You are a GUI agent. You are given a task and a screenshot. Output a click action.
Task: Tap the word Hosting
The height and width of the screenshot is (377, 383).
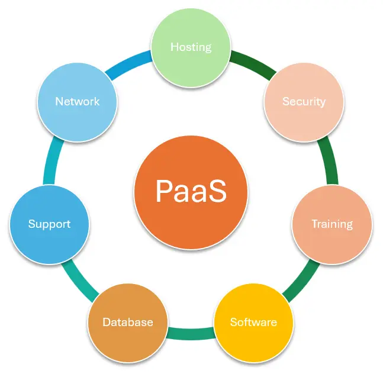point(191,47)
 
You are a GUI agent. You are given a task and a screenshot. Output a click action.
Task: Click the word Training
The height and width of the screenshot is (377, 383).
point(332,224)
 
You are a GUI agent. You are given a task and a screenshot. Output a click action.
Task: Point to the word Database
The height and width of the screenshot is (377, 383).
point(128,323)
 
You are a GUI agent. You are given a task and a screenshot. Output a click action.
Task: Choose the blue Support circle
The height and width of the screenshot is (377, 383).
point(50,224)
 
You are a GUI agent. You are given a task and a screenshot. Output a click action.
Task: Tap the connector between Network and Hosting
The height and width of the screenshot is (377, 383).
point(130,63)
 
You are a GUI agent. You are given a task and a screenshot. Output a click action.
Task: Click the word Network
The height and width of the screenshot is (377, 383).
point(78,101)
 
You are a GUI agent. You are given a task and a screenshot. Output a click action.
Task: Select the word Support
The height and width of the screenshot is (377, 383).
point(50,224)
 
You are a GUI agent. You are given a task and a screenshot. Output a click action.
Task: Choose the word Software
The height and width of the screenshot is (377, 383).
point(253,323)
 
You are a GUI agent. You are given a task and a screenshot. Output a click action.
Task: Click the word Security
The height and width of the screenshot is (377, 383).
point(304,101)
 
